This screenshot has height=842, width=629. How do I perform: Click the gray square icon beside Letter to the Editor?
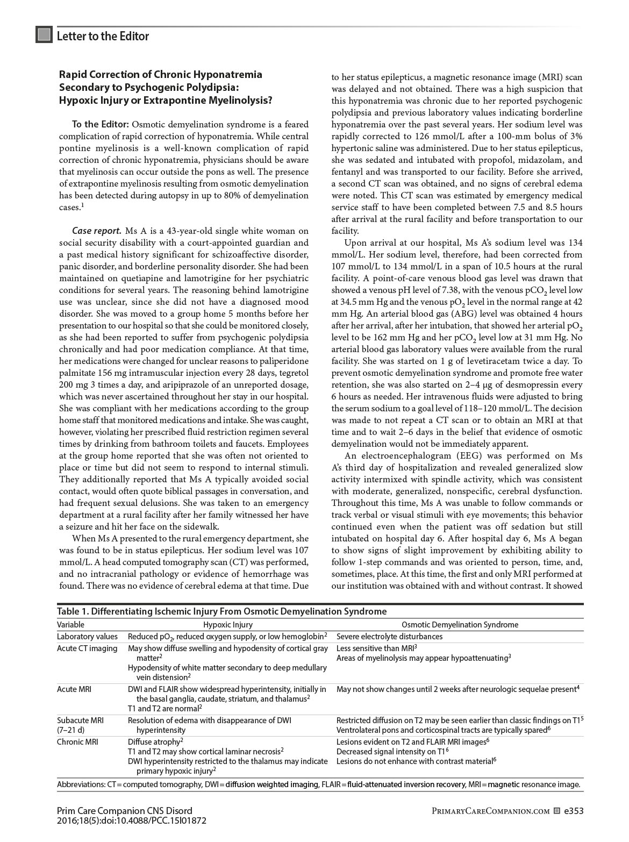pyautogui.click(x=44, y=35)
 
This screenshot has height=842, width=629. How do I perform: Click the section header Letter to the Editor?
pyautogui.click(x=103, y=36)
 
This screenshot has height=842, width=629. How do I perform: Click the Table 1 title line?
pyautogui.click(x=221, y=611)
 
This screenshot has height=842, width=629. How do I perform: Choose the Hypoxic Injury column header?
pyautogui.click(x=227, y=625)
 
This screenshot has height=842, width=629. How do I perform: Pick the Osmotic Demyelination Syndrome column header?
pyautogui.click(x=460, y=625)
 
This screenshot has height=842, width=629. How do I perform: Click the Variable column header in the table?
pyautogui.click(x=71, y=625)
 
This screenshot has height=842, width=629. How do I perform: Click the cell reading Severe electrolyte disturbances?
pyautogui.click(x=389, y=637)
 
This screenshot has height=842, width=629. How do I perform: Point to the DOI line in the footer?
pyautogui.click(x=131, y=821)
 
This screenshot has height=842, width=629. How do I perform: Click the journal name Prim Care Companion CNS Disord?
pyautogui.click(x=124, y=811)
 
